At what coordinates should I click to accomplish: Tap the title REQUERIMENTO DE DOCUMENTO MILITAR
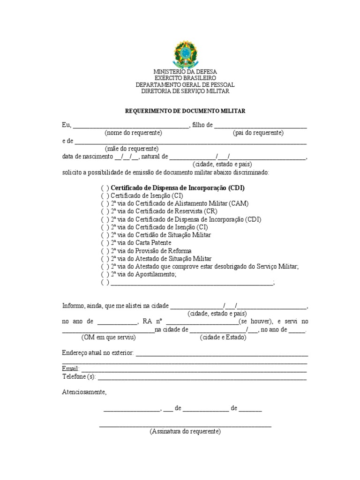pos(185,111)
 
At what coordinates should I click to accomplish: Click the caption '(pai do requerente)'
pos(258,133)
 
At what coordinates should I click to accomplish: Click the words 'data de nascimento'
pos(87,156)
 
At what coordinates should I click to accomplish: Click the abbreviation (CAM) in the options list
pos(239,203)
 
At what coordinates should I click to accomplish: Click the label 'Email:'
pos(71,369)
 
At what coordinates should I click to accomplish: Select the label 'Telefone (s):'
pos(79,376)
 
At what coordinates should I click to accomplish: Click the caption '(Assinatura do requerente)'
pos(185,431)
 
